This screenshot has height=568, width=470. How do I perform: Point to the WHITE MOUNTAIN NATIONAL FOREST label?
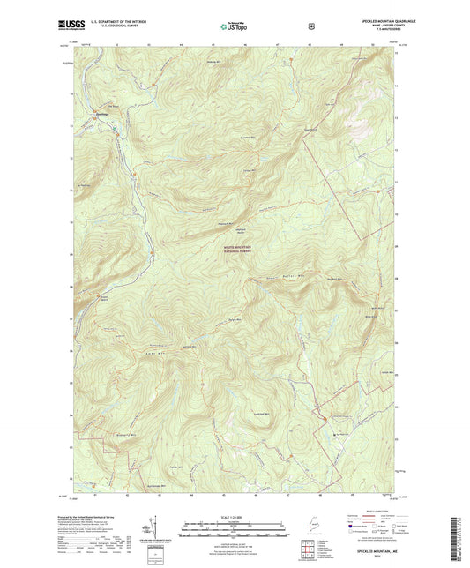pyautogui.click(x=237, y=250)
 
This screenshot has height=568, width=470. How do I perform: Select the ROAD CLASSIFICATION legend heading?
pyautogui.click(x=390, y=517)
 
